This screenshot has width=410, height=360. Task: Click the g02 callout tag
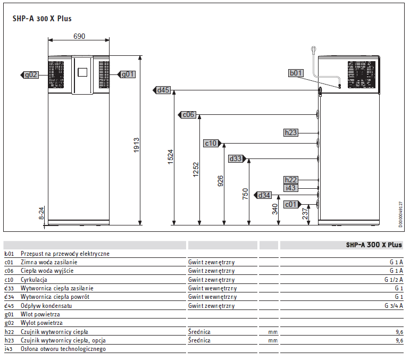30,75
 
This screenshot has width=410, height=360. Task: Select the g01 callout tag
127,74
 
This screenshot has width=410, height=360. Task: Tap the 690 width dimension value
79,36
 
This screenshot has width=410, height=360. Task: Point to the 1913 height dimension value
137,145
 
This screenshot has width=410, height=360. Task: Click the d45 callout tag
162,90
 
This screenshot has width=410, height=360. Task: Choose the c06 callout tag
187,115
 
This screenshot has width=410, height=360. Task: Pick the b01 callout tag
296,73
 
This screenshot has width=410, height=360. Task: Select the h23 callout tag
291,133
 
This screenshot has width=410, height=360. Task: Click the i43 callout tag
291,188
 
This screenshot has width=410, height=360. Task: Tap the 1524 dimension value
171,157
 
